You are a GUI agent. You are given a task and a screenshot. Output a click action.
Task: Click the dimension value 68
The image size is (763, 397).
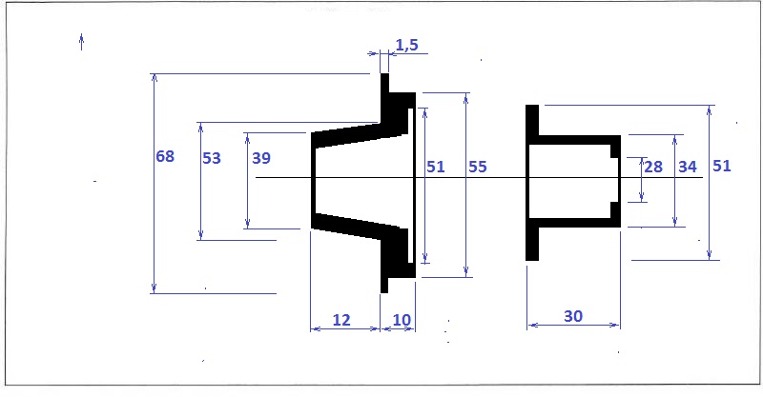(x=165, y=156)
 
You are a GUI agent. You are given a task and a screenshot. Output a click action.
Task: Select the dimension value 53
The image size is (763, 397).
(x=212, y=158)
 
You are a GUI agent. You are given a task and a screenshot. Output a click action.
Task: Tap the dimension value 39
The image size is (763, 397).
(x=261, y=158)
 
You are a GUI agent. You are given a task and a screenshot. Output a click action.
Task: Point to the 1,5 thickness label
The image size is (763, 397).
(x=407, y=45)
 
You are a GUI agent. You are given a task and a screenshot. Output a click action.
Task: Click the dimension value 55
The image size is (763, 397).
(x=478, y=167)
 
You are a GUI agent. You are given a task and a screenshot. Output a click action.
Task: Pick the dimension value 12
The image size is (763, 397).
(x=341, y=320)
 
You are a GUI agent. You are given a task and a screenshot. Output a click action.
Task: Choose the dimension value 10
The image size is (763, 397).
(x=402, y=320)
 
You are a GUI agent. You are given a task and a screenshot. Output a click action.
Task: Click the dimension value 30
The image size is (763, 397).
(x=573, y=316)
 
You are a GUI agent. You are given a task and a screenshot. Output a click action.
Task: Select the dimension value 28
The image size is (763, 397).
(x=653, y=167)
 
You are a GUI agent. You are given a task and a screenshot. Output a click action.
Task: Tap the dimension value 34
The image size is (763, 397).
(x=688, y=167)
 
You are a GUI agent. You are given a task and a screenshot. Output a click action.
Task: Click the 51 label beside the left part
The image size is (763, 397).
(x=436, y=167)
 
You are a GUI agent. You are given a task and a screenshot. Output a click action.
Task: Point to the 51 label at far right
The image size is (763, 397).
(x=722, y=166)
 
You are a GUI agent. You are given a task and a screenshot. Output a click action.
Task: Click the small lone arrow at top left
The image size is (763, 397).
(x=82, y=42)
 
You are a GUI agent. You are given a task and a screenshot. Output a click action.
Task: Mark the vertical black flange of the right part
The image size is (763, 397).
(x=532, y=183)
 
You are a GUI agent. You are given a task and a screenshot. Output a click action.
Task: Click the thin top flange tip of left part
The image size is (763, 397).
(x=384, y=83)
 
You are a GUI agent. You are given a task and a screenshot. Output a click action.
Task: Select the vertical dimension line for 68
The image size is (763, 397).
(x=155, y=184)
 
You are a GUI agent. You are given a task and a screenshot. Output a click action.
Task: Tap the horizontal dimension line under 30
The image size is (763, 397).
(x=574, y=326)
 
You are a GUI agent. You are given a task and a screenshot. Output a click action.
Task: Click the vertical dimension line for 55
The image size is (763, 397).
(x=466, y=185)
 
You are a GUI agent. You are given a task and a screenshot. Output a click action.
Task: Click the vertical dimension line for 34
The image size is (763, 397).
(x=675, y=181)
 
